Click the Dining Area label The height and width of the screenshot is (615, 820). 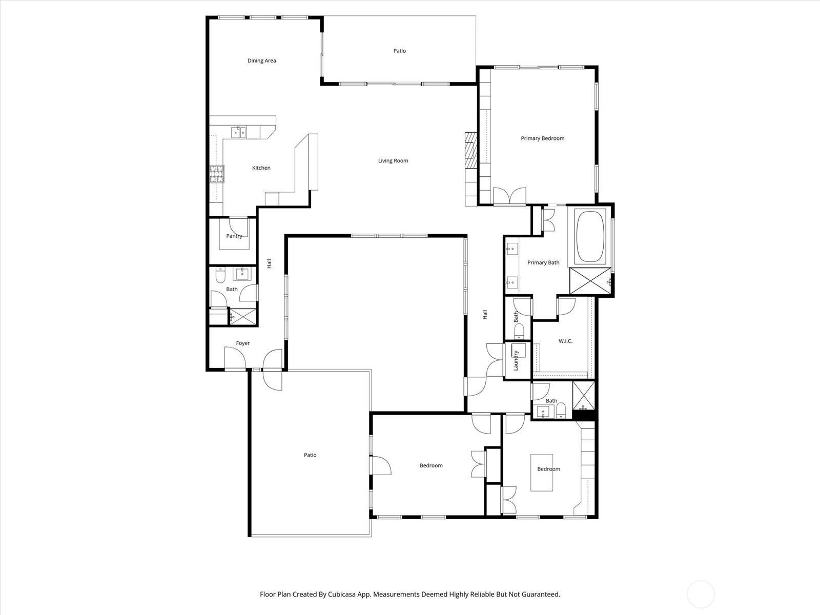261,60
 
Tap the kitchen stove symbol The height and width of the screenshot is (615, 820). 217,174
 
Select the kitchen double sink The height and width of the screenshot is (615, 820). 238,133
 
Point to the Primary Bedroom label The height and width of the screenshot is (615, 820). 542,138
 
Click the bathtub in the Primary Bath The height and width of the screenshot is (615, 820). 590,236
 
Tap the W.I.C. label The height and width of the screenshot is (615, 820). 565,341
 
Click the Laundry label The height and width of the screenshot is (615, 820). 516,360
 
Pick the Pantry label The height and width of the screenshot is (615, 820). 234,236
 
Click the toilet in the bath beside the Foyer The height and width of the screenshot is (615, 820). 220,277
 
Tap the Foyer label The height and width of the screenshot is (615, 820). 243,343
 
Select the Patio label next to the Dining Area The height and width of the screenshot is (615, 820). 400,51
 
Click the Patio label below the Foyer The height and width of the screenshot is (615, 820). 310,455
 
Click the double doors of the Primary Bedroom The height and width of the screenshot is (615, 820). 509,197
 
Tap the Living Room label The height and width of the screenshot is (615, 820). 393,161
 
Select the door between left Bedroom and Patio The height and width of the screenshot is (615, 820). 380,465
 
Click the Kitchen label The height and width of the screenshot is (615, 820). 261,168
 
